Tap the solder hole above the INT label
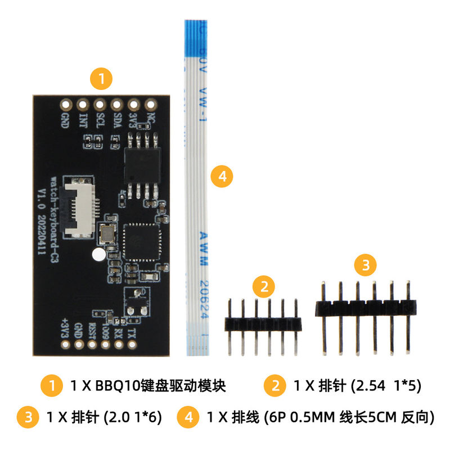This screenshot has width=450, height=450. (x=83, y=105)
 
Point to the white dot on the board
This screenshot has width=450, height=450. (x=98, y=254)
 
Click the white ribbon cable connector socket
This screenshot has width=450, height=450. (x=80, y=208)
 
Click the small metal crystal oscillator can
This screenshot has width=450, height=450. (x=106, y=231)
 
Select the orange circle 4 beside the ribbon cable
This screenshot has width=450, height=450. (x=222, y=177)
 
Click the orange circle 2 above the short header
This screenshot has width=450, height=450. (x=263, y=287)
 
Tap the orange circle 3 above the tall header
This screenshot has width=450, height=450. (x=366, y=265)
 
